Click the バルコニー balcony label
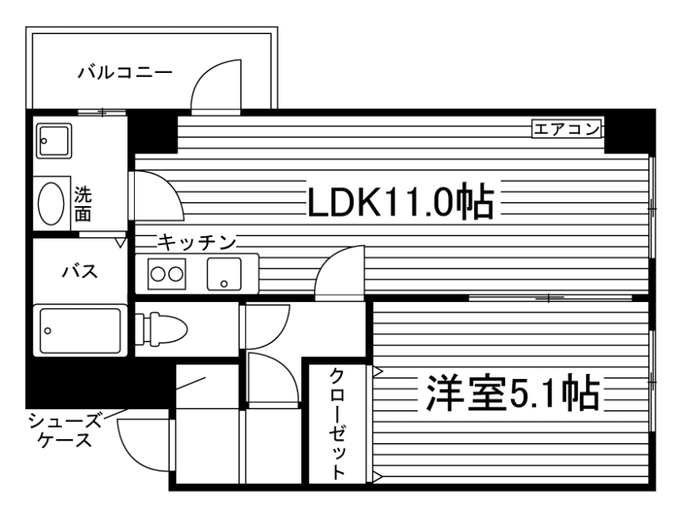coord(125,74)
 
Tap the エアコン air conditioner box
coord(567,128)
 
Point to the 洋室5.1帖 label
coord(509,395)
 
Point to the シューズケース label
coord(65,430)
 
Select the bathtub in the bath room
coord(80,330)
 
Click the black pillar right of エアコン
coord(628,130)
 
